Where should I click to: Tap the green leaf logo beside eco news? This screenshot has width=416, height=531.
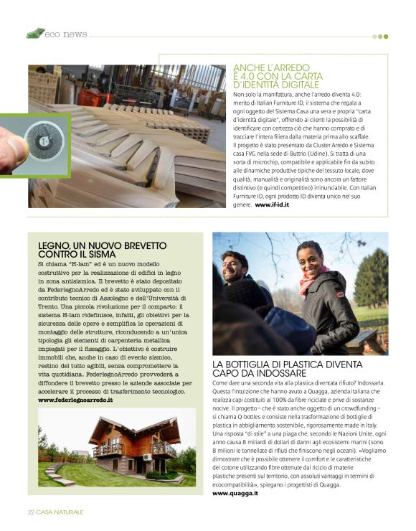tap(35, 33)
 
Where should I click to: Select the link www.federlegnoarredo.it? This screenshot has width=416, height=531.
tap(75, 400)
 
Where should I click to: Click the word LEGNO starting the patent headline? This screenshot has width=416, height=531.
tap(54, 245)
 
